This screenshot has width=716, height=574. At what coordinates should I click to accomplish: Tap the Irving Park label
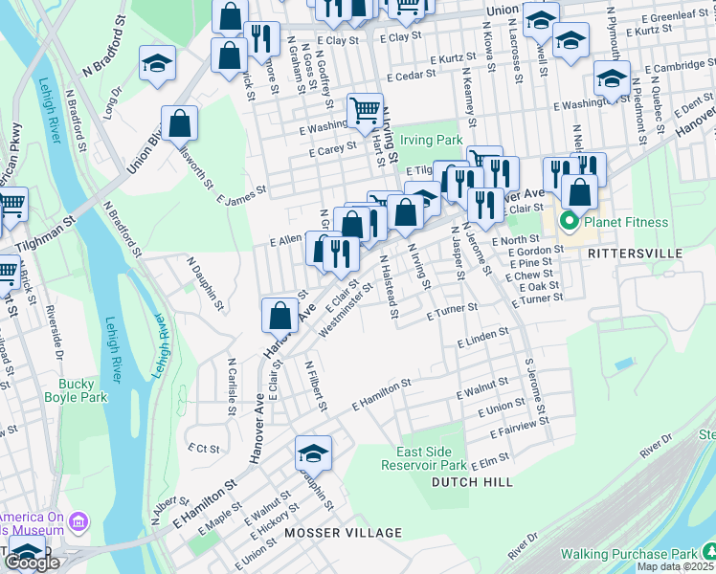[x=431, y=140]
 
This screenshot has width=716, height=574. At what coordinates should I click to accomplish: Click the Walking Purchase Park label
[x=628, y=554]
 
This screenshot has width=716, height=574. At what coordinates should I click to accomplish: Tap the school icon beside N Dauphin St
[x=313, y=453]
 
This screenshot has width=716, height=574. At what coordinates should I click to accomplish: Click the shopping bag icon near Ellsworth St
[x=179, y=122]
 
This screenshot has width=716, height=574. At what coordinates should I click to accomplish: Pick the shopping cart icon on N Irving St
[x=365, y=111]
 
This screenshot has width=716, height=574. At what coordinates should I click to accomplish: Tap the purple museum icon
[x=78, y=521]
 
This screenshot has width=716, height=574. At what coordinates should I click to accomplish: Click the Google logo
[x=33, y=563]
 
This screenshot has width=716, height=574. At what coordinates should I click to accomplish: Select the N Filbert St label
[x=316, y=385]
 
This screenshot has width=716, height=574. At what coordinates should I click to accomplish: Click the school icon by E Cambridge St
[x=611, y=79]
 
